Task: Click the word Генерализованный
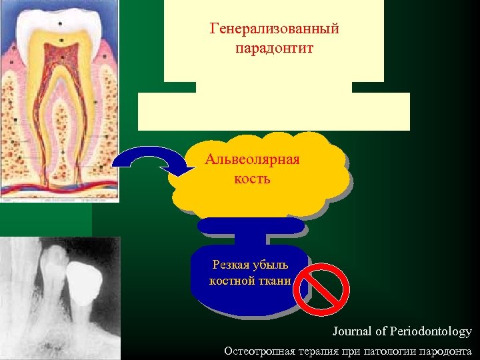pyautogui.click(x=274, y=29)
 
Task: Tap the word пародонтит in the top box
pyautogui.click(x=274, y=49)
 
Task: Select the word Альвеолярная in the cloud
pyautogui.click(x=252, y=160)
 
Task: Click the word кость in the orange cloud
pyautogui.click(x=252, y=179)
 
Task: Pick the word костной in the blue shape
pyautogui.click(x=229, y=281)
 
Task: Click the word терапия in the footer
pyautogui.click(x=317, y=351)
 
